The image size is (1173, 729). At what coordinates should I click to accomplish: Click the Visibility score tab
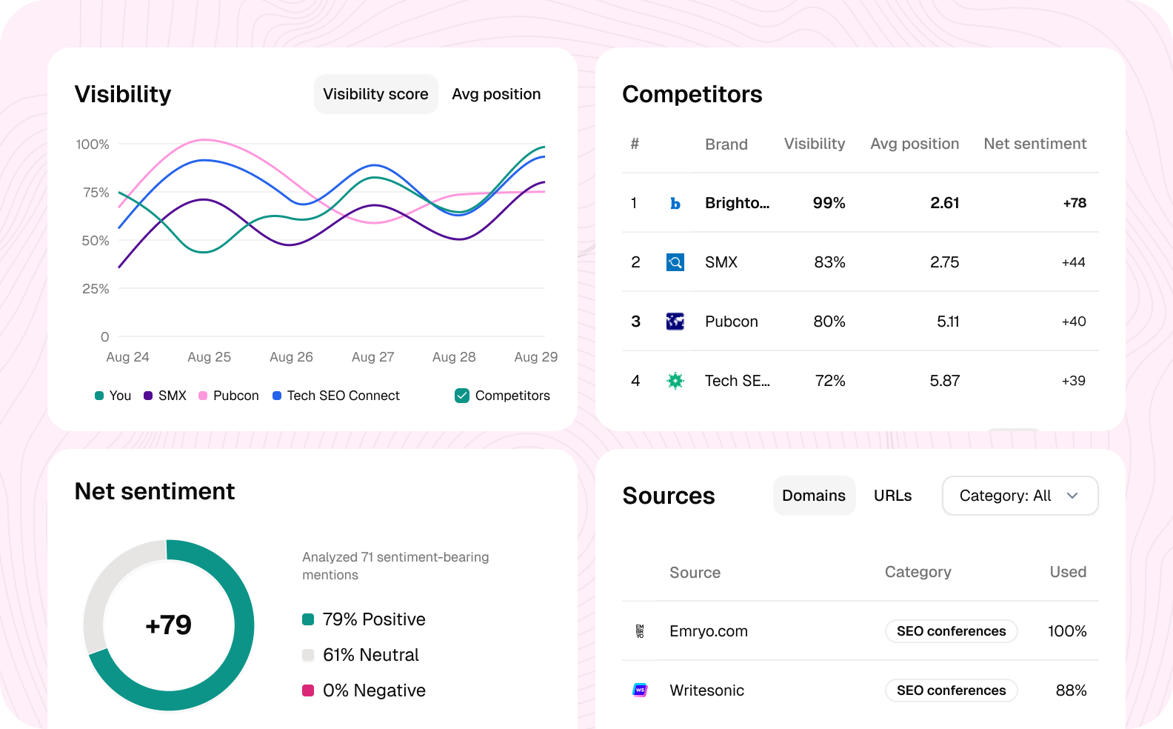(375, 94)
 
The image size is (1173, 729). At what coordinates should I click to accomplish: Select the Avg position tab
(496, 94)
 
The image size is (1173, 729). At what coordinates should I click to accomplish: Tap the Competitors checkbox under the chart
(462, 396)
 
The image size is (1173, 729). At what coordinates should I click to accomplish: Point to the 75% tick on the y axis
(96, 193)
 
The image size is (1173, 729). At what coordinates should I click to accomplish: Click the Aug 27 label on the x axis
(372, 357)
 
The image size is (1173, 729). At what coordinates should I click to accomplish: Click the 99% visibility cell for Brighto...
(829, 203)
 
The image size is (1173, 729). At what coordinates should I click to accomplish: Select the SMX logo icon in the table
(675, 262)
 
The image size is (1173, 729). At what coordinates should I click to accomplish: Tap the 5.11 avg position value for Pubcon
(947, 322)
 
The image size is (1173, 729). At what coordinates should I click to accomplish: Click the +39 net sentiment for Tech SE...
(1073, 381)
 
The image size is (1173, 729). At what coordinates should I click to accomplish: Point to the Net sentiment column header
(1035, 144)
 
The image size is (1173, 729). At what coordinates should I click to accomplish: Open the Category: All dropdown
(1020, 496)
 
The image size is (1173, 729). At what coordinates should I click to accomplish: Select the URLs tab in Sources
(892, 496)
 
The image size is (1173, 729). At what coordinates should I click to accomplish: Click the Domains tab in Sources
(814, 496)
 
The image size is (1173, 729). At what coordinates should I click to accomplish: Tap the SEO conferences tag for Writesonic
(951, 690)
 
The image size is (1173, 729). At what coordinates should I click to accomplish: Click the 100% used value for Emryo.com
(1066, 631)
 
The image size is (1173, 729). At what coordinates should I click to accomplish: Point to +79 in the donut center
(169, 625)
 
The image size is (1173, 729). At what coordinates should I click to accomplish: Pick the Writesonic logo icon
(641, 690)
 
